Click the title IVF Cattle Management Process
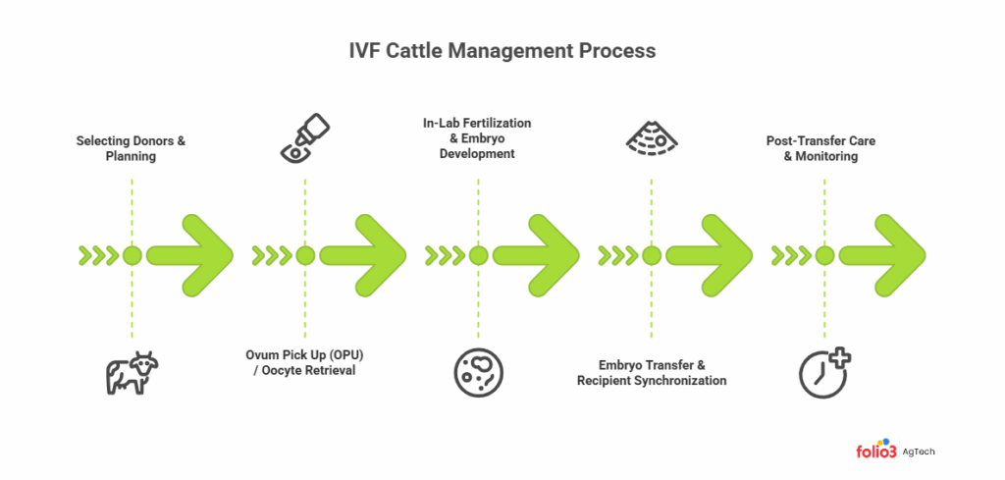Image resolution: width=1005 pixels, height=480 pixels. point(502,49)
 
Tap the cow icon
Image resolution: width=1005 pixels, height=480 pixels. point(132,372)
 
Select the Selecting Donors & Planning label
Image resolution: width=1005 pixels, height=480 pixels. point(132,148)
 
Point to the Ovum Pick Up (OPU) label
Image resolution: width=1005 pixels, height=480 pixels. point(305,362)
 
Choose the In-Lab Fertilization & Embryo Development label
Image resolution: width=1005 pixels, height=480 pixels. point(478,138)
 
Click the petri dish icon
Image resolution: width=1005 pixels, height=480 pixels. point(478,371)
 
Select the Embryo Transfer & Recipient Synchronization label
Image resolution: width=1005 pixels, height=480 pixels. point(652,371)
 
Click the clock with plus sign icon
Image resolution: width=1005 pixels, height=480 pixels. point(822,371)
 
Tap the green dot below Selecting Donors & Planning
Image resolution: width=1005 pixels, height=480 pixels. point(132,256)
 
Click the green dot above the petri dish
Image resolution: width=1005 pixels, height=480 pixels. point(478,256)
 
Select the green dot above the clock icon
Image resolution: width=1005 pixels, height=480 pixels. point(824,256)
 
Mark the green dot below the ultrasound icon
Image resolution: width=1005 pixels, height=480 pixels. point(651,256)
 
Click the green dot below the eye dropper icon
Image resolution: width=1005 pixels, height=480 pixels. point(305,256)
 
